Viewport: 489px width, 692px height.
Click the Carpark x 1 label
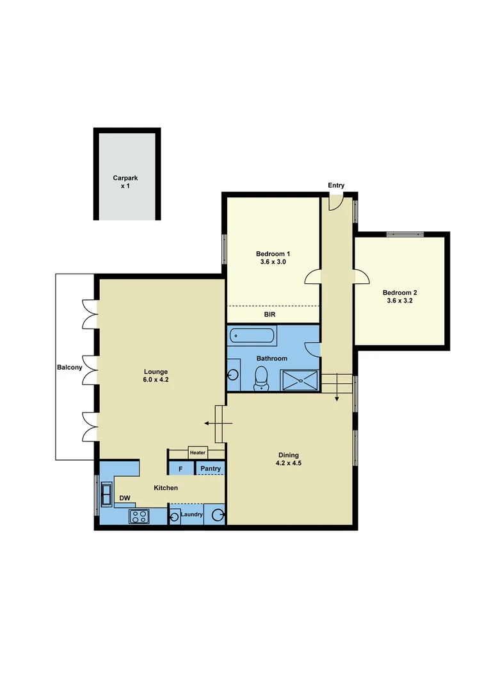(x=125, y=181)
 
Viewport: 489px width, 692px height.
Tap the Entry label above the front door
(x=336, y=186)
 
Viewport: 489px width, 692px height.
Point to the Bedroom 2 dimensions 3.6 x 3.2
(x=399, y=300)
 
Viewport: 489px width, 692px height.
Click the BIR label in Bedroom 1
(x=270, y=315)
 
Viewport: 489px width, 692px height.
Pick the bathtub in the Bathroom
(x=253, y=335)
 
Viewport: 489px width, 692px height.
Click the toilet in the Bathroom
(x=261, y=377)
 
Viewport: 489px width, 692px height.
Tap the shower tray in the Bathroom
(x=299, y=380)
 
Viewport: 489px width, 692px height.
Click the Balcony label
(x=69, y=367)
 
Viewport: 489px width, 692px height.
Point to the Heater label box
(x=197, y=452)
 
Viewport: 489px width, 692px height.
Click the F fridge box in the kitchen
(x=180, y=469)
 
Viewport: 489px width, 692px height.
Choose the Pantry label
(x=210, y=469)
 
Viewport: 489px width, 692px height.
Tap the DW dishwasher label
(x=125, y=498)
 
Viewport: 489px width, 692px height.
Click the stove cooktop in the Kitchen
(x=138, y=515)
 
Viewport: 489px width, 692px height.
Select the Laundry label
(x=191, y=515)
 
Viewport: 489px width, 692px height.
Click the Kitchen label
(x=166, y=488)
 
